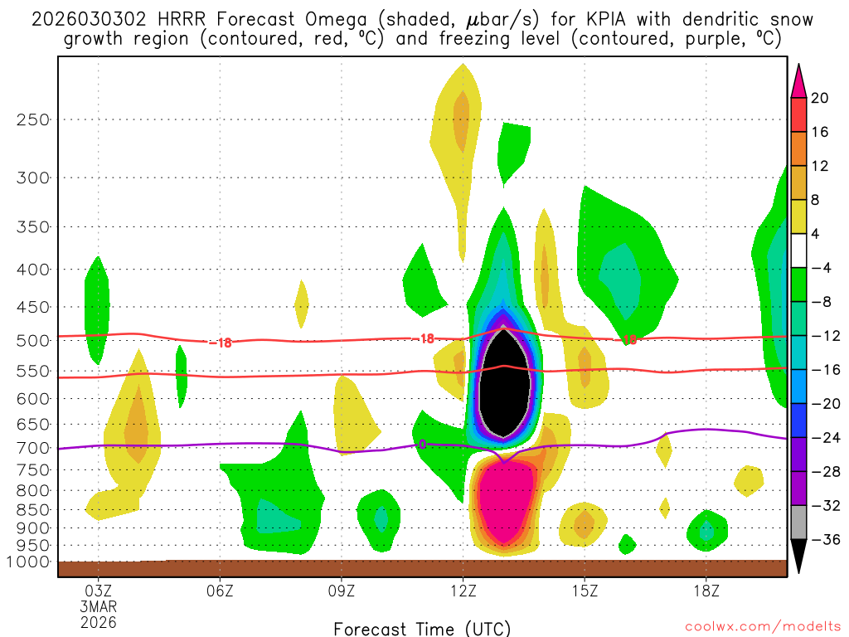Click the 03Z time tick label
point(99,591)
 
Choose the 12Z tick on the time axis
point(463,591)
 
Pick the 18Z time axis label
point(706,591)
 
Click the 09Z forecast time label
point(342,591)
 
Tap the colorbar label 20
point(820,99)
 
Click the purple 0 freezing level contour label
point(422,445)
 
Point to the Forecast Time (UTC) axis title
point(422,628)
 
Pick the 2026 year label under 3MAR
point(99,621)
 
